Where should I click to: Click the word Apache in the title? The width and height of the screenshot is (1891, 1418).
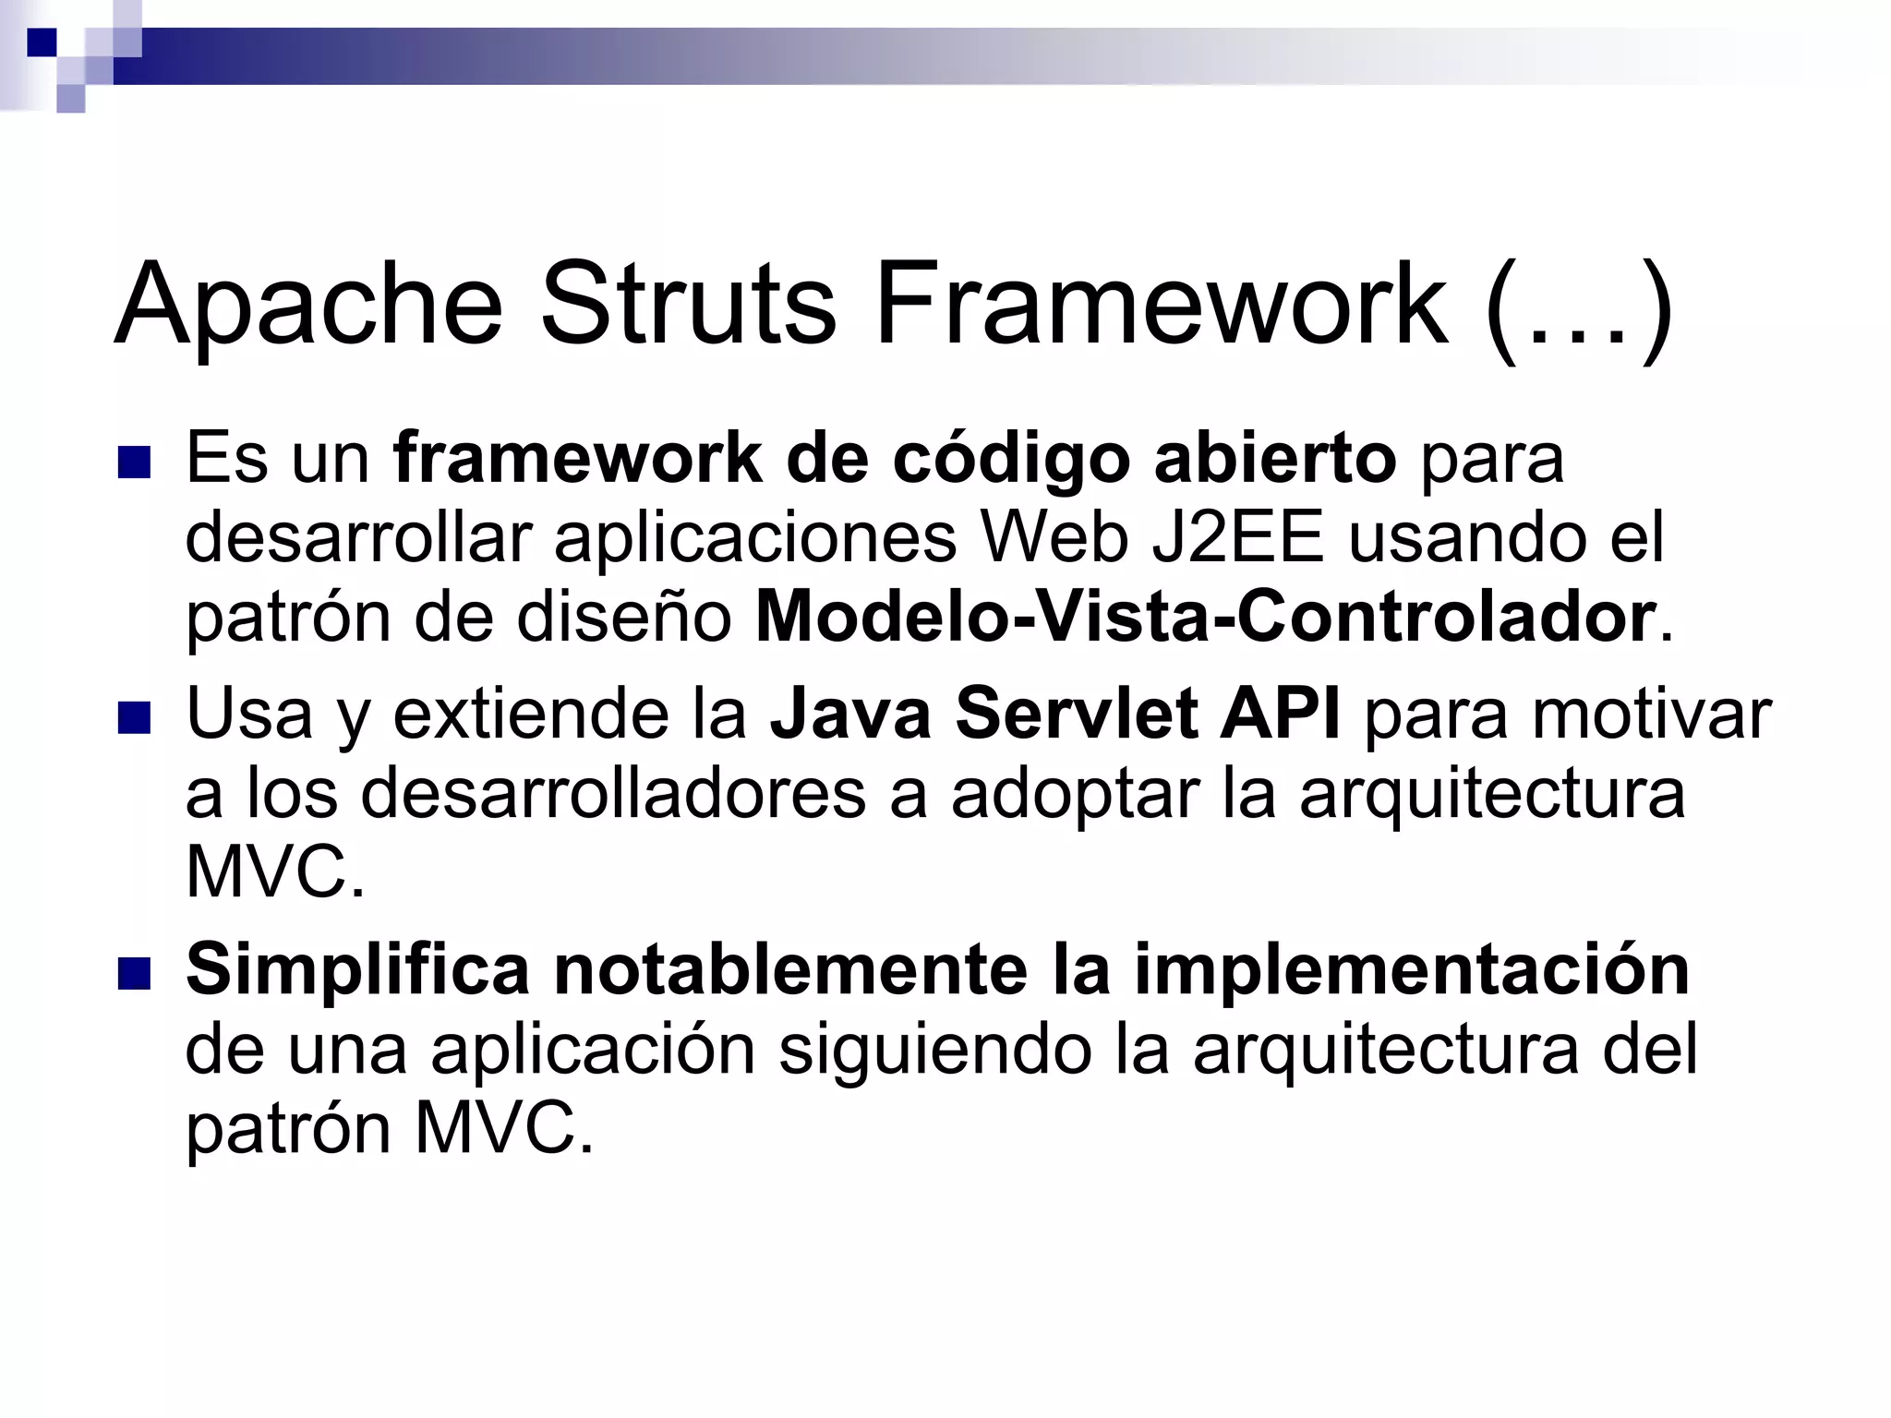[x=308, y=306]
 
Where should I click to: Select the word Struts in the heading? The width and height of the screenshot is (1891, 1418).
[x=688, y=304]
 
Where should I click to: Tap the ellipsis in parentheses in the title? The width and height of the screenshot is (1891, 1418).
[x=1580, y=306]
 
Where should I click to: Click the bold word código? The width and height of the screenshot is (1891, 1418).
[x=1011, y=460]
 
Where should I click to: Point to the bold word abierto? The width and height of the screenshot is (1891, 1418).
[x=1275, y=458]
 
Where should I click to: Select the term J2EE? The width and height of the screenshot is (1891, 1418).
[x=1237, y=537]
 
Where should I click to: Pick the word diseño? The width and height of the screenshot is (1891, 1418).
[x=623, y=617]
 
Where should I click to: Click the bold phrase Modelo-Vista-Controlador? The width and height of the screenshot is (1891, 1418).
[x=1205, y=617]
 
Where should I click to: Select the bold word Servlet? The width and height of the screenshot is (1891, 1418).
[x=1076, y=714]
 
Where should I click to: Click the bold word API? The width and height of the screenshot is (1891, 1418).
[x=1280, y=714]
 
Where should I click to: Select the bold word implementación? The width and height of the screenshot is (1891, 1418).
[x=1412, y=971]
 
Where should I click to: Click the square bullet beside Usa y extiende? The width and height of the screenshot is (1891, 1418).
[x=134, y=717]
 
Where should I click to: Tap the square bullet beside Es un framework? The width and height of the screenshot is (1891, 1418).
[x=134, y=462]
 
